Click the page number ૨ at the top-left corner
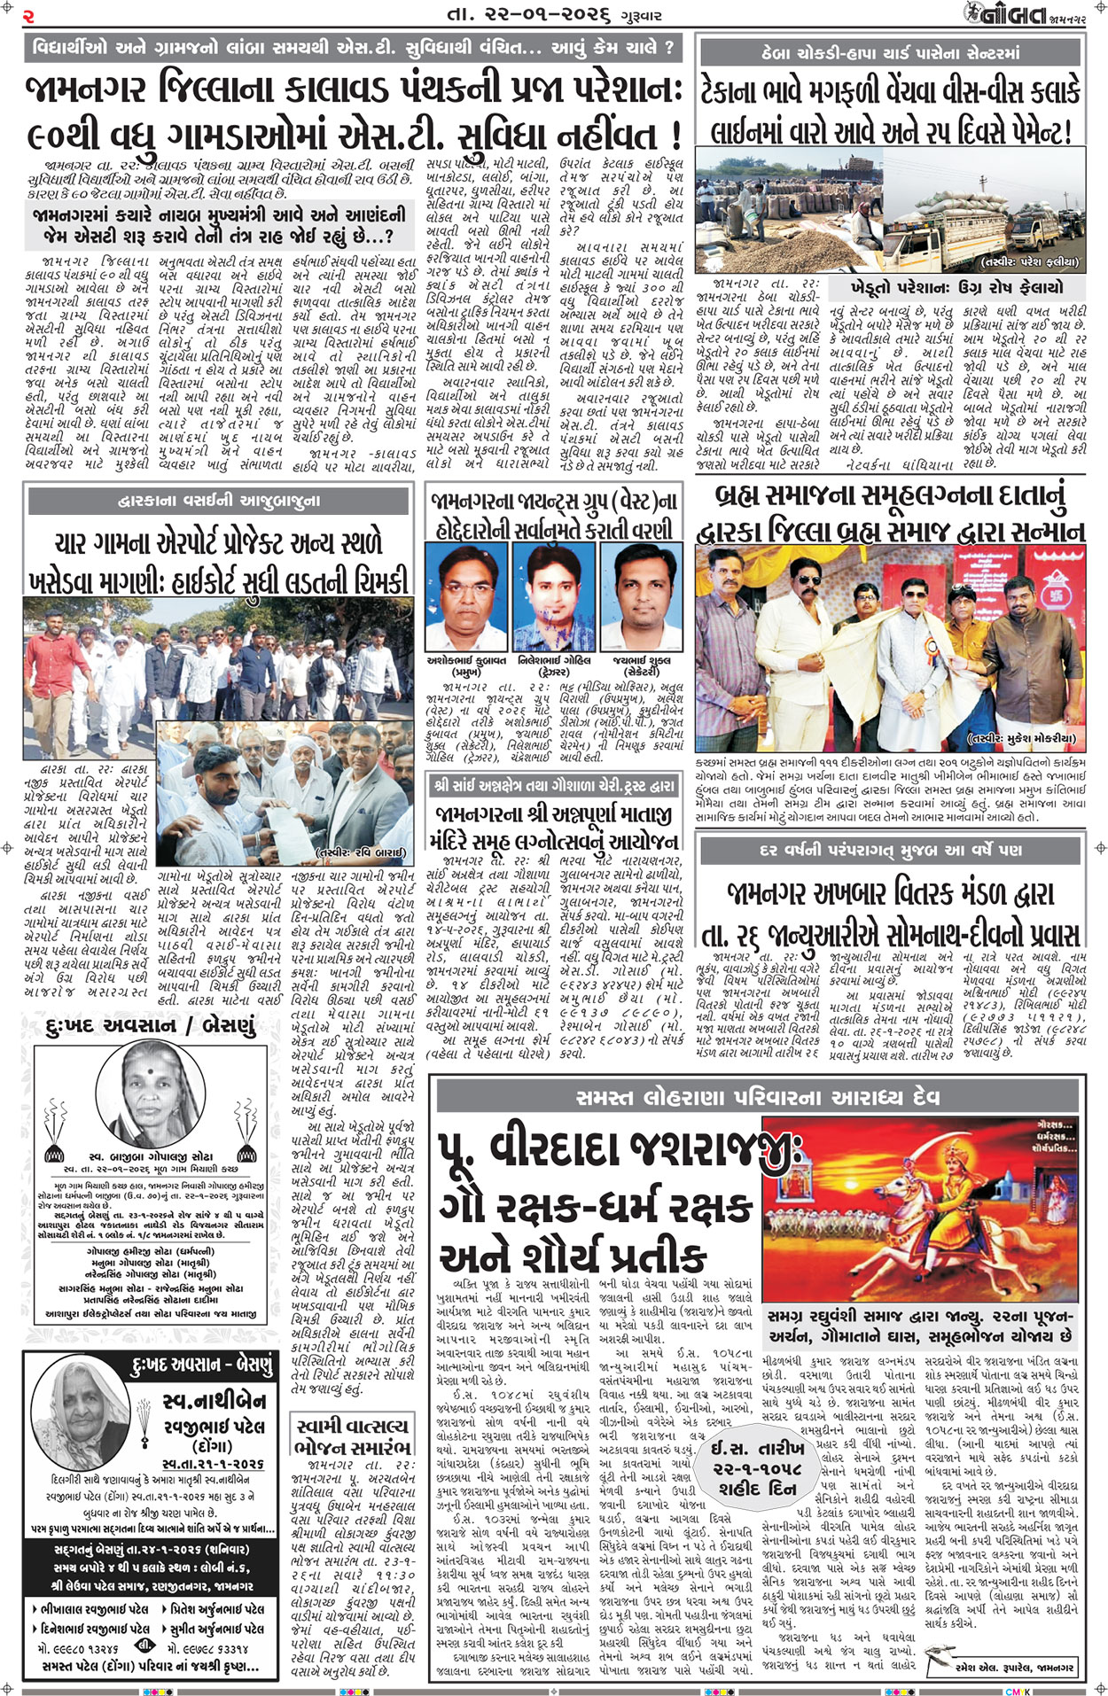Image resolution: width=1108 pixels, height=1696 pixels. click(29, 15)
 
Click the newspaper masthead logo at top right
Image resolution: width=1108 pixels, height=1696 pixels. click(1005, 15)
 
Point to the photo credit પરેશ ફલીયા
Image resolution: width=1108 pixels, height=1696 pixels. click(1028, 262)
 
